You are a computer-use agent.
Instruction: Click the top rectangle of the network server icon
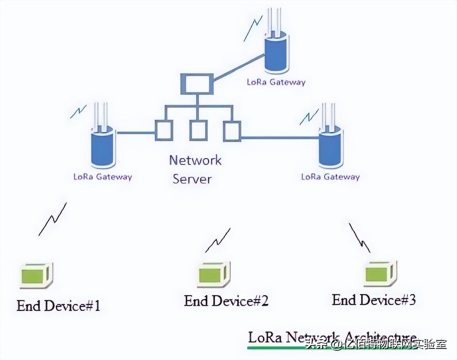(197, 84)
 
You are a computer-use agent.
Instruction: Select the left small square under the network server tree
(164, 131)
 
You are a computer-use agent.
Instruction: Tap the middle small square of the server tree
(198, 131)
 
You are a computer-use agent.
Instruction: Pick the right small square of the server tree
(232, 131)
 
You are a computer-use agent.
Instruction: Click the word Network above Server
(195, 160)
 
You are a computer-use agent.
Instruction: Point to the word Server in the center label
(192, 179)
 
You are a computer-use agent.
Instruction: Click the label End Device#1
(58, 306)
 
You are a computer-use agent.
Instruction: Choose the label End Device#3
(374, 300)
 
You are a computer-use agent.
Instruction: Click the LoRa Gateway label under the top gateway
(276, 82)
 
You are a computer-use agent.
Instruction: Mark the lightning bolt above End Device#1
(53, 219)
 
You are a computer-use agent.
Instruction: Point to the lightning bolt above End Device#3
(359, 238)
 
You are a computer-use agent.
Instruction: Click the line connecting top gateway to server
(239, 67)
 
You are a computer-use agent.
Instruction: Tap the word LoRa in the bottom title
(265, 338)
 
